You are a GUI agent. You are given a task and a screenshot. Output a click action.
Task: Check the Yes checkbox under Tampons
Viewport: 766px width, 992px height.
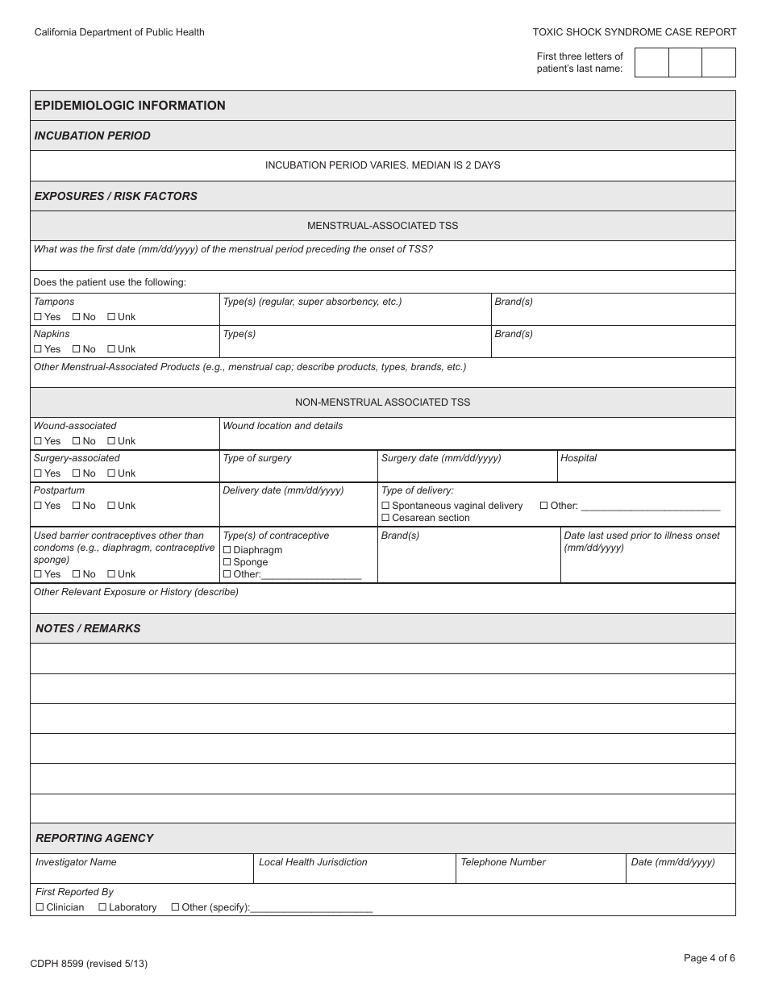pos(38,317)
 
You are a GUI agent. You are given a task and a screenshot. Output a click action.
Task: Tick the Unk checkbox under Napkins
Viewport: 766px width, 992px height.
pos(111,349)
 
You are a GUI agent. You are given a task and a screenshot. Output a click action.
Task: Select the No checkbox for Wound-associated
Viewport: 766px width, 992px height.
pos(76,441)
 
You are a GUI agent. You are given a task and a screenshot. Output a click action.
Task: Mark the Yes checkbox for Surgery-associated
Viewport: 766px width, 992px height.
pos(38,473)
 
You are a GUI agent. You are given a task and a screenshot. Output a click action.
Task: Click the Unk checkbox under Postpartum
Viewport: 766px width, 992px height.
pos(111,506)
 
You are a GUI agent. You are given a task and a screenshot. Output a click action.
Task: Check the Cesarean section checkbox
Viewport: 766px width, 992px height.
pos(385,518)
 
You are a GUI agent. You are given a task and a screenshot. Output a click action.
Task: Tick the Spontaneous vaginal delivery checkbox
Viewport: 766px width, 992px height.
pos(385,506)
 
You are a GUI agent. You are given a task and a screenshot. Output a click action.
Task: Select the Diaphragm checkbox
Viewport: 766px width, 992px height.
pos(227,550)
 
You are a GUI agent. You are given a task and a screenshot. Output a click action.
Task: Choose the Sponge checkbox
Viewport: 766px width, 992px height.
pos(227,562)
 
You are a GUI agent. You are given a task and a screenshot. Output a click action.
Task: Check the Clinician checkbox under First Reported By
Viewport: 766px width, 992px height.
pos(40,907)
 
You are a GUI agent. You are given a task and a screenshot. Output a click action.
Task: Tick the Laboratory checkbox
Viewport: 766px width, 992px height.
pos(102,907)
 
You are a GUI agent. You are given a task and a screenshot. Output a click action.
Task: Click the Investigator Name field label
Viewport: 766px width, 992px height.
pos(76,862)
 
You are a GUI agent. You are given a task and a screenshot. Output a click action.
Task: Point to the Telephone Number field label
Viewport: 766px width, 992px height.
pos(502,862)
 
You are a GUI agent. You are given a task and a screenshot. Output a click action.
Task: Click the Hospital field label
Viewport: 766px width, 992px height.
pos(578,458)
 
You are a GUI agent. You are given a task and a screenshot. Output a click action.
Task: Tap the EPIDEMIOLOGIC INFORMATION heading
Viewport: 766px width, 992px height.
pos(130,106)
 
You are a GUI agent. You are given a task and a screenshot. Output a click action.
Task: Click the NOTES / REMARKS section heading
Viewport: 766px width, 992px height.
pos(88,628)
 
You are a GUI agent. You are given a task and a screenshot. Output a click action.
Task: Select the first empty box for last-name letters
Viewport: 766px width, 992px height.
pos(652,63)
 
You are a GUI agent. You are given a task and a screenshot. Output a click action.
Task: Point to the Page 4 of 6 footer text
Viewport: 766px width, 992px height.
pos(709,958)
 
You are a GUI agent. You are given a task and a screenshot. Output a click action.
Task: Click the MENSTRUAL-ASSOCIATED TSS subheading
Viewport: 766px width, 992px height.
pos(382,226)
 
